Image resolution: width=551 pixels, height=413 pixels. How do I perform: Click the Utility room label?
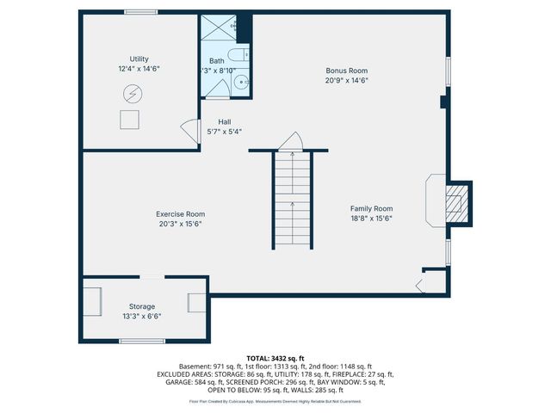[x=139, y=59]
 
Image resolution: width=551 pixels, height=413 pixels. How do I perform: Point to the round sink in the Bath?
[x=240, y=83]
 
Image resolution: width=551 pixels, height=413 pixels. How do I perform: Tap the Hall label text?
[x=224, y=121]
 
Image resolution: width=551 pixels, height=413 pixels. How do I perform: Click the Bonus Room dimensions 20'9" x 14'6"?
[x=346, y=80]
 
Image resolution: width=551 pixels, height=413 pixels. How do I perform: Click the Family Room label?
[x=371, y=208]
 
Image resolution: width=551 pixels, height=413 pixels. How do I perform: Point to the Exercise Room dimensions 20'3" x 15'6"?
[x=180, y=224]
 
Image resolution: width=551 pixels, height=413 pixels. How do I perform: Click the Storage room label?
[x=142, y=306]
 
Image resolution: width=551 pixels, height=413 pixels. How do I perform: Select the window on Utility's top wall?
[x=139, y=12]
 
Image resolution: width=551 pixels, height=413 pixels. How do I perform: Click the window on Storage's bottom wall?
[x=142, y=342]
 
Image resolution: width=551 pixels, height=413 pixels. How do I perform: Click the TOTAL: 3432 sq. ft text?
[x=275, y=357]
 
